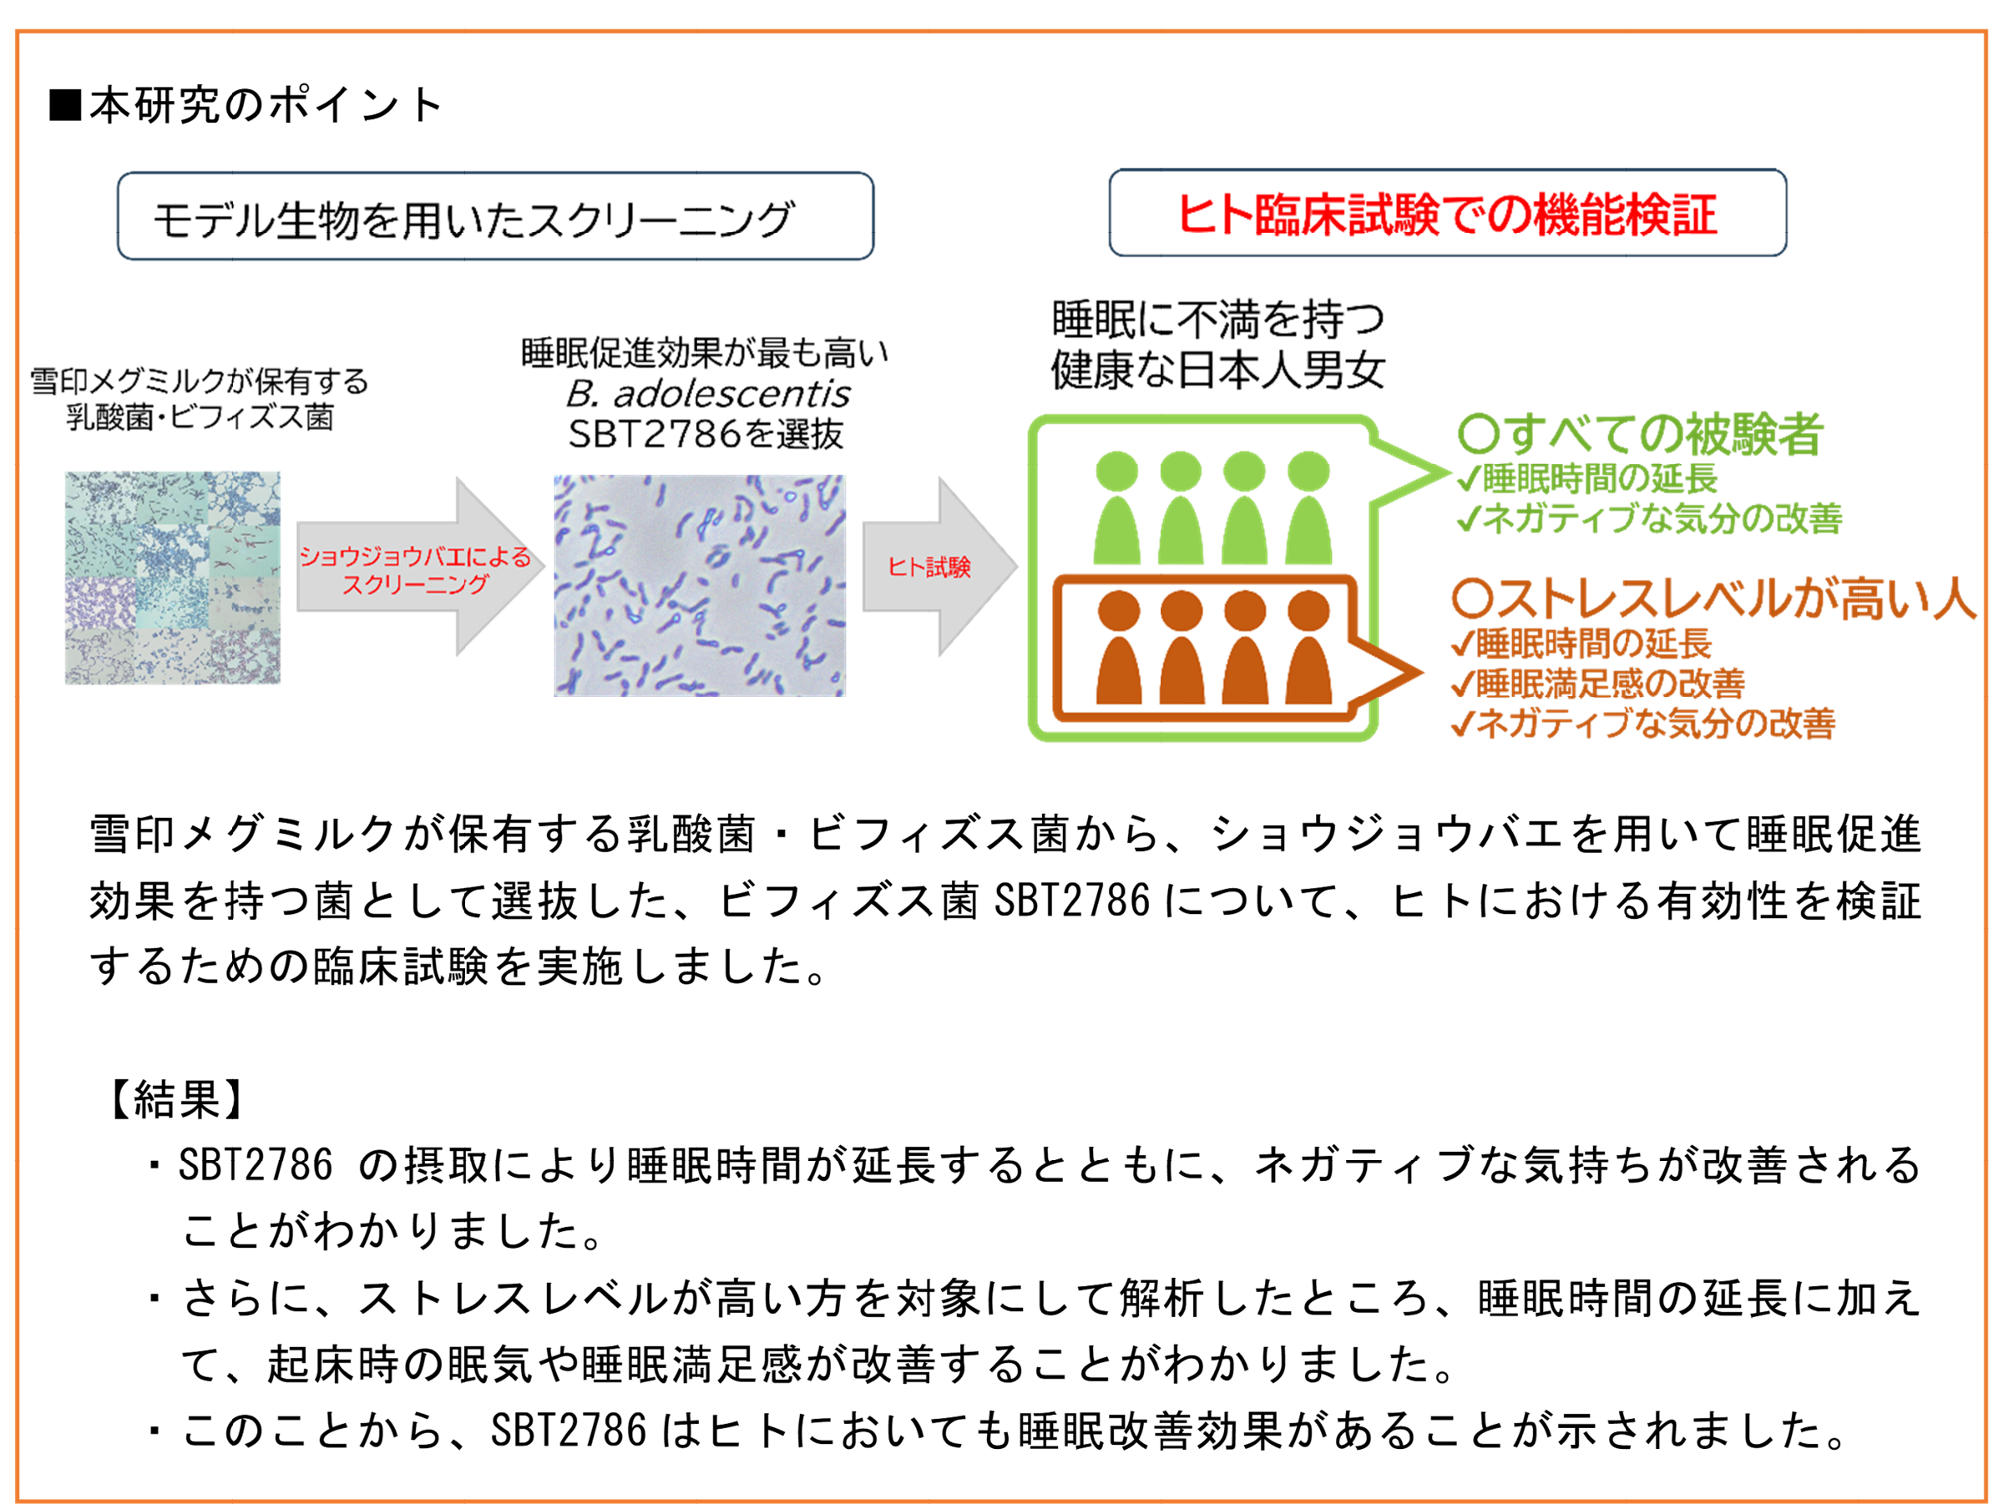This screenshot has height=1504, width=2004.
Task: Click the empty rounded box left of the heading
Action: click(x=494, y=216)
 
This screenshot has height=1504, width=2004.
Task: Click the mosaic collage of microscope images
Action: click(x=170, y=578)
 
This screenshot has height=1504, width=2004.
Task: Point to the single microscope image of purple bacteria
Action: click(x=700, y=585)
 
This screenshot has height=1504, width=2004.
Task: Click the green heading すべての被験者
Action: click(x=1640, y=435)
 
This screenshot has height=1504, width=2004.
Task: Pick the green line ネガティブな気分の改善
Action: click(x=1649, y=519)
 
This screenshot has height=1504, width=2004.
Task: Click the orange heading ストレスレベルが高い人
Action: click(x=1713, y=598)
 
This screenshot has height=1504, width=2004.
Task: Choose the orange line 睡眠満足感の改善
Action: click(x=1598, y=684)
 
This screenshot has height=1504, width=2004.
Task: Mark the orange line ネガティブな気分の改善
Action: click(x=1643, y=724)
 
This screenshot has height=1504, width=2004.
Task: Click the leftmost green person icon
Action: click(x=1116, y=512)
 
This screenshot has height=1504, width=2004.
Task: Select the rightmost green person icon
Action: click(x=1308, y=512)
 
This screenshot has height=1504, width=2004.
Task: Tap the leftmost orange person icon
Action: click(x=1119, y=650)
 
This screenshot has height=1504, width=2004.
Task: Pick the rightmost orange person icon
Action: click(x=1308, y=650)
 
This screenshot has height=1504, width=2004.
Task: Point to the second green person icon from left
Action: click(x=1181, y=512)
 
